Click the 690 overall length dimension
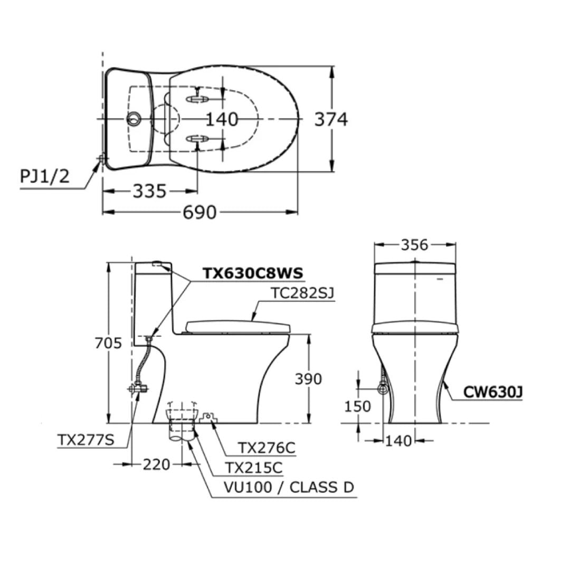(x=200, y=212)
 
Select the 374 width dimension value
(x=331, y=120)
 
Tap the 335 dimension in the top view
(x=149, y=191)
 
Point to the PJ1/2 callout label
(x=44, y=176)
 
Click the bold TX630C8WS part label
(x=253, y=273)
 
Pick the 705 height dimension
(x=108, y=343)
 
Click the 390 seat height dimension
(x=308, y=379)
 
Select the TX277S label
(x=85, y=439)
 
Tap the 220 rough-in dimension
(x=156, y=464)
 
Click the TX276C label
(x=267, y=448)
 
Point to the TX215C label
(x=254, y=468)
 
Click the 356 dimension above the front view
(x=414, y=245)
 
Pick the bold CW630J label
(x=493, y=391)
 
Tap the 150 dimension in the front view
(x=358, y=406)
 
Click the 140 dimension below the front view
(x=398, y=441)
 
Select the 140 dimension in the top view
(x=222, y=119)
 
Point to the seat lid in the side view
(x=237, y=326)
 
